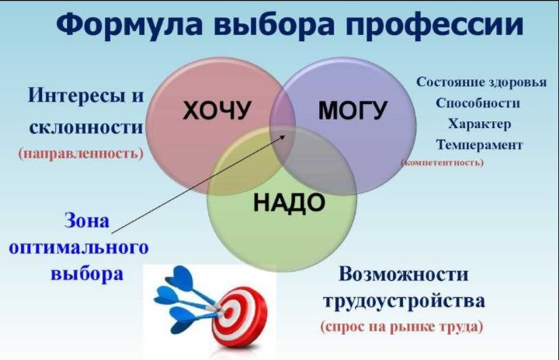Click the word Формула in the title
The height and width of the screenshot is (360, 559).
(130, 24)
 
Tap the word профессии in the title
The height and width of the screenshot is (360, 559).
(435, 25)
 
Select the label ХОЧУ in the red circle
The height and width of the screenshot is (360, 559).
(217, 110)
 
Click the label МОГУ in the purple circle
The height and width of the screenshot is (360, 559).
(352, 110)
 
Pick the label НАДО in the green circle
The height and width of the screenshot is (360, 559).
(289, 202)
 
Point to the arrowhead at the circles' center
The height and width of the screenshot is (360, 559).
(283, 136)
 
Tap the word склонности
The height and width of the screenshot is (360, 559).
(86, 127)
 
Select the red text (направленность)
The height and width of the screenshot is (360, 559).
(81, 154)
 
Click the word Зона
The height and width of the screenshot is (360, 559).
(87, 220)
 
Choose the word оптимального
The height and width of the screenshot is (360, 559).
(78, 247)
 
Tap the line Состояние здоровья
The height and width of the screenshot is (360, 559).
(481, 82)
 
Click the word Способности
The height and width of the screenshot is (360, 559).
(477, 103)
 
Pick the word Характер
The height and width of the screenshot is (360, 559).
(480, 124)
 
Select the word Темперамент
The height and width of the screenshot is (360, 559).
(479, 145)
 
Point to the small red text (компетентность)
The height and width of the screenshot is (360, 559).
(443, 162)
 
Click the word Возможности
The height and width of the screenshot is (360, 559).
(403, 274)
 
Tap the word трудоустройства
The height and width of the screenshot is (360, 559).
(404, 301)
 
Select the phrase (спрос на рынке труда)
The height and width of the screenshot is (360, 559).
(402, 327)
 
